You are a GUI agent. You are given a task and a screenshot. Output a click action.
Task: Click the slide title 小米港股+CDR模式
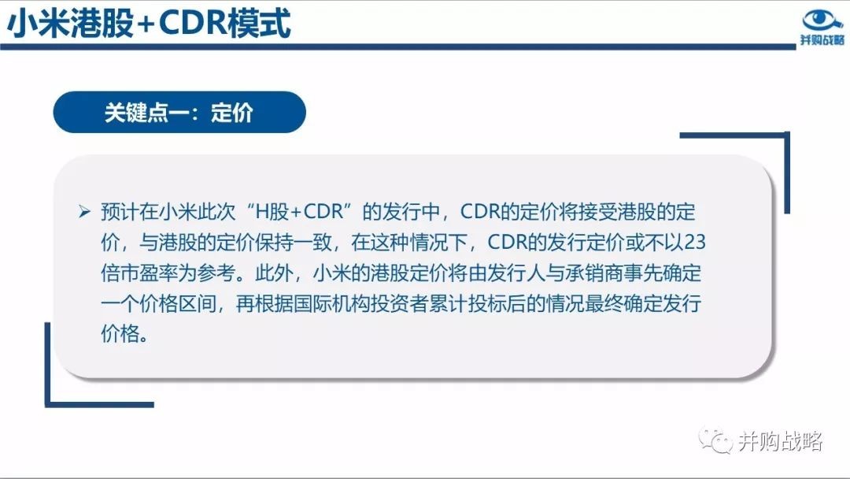click(149, 24)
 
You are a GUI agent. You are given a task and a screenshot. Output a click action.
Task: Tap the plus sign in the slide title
click(145, 25)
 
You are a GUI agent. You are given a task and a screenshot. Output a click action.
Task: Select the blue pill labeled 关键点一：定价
click(179, 113)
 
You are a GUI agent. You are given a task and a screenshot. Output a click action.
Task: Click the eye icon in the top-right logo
click(822, 20)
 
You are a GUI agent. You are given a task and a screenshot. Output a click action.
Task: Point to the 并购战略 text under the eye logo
click(822, 40)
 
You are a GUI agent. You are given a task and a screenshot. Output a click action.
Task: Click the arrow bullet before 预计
click(84, 211)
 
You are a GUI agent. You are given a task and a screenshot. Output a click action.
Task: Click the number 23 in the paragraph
click(695, 242)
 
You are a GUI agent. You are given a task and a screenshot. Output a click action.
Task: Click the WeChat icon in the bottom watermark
click(715, 440)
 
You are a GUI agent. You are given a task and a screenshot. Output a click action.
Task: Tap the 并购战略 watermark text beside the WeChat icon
click(781, 441)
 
